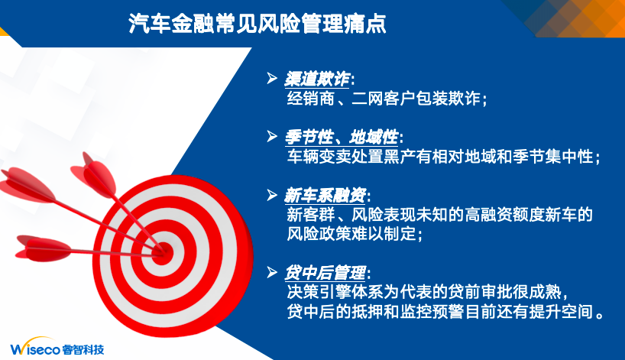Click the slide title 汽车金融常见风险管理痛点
click(257, 24)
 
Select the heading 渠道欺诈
click(317, 79)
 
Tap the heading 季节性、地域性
click(342, 138)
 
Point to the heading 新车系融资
click(325, 196)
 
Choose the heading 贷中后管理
click(325, 273)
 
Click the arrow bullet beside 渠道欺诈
click(272, 78)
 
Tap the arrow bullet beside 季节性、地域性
click(272, 136)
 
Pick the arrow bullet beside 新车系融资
click(272, 195)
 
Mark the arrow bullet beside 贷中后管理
click(272, 272)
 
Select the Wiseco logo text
click(35, 349)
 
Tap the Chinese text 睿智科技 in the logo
click(83, 349)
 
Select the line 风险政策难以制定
click(355, 234)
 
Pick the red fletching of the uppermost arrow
click(94, 174)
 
